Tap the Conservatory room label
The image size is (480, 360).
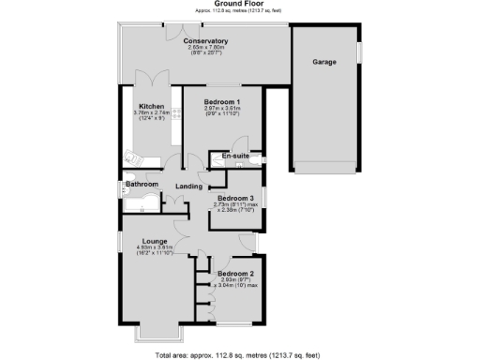click(205, 41)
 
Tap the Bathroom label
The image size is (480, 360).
click(142, 185)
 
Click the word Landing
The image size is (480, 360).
click(188, 187)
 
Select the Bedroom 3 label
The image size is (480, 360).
click(235, 198)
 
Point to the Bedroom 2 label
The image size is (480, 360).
click(235, 273)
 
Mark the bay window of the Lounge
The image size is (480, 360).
click(157, 331)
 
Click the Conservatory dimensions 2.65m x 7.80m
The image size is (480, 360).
click(205, 49)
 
